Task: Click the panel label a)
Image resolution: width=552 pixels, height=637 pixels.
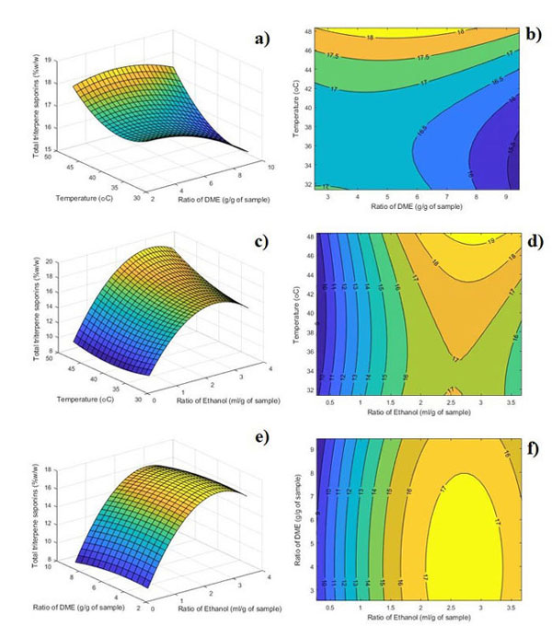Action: pos(267,41)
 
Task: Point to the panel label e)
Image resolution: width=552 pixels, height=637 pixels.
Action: pos(267,436)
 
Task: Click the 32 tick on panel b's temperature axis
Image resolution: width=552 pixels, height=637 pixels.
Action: pos(310,184)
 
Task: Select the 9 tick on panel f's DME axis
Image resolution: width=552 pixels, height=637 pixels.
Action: pos(311,448)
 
